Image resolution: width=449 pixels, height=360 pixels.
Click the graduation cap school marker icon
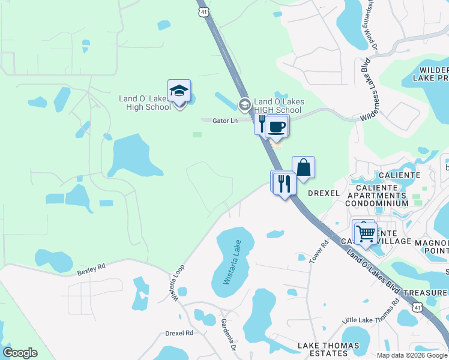tap(179, 91)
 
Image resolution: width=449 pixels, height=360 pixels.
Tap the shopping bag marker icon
tap(303, 167)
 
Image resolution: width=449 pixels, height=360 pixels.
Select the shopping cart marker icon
tap(365, 232)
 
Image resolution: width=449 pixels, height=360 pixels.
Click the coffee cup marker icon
tap(277, 127)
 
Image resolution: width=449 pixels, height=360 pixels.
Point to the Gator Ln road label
tap(225, 121)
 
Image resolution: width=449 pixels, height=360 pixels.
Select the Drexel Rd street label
tap(179, 332)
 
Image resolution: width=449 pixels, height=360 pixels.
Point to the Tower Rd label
tap(319, 251)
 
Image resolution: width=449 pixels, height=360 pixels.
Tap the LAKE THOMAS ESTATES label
tap(328, 349)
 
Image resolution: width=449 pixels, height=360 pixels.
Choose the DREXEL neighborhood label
tap(324, 193)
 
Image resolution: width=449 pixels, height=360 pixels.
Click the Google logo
tap(20, 353)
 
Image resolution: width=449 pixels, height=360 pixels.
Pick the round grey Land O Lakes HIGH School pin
tap(244, 105)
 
